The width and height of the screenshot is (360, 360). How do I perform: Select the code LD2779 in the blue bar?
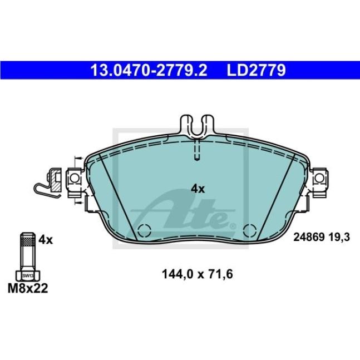(255, 70)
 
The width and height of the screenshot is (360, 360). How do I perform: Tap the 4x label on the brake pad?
(198, 189)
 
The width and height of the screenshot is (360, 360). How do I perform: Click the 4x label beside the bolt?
(46, 240)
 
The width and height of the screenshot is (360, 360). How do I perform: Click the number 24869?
(307, 238)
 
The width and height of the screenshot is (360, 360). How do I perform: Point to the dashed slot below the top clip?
(195, 152)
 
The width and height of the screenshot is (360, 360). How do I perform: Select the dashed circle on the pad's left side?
(144, 229)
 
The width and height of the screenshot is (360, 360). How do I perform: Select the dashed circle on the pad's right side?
(249, 229)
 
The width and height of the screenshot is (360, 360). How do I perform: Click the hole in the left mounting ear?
(73, 179)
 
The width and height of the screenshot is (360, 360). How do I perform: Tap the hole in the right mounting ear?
(319, 179)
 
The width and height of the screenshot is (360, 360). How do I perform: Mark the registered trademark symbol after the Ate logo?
(233, 226)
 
